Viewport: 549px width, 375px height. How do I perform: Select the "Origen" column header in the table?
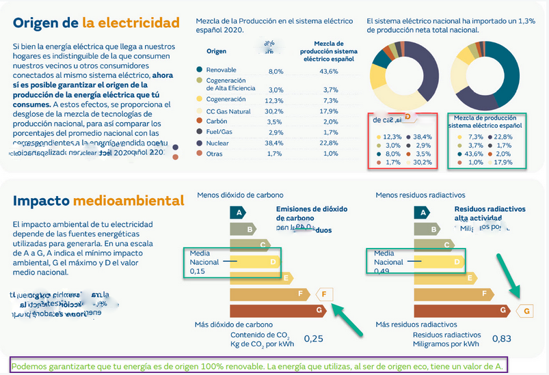216,51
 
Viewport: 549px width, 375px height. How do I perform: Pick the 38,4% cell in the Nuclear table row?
275,143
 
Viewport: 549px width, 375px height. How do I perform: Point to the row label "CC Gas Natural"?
229,111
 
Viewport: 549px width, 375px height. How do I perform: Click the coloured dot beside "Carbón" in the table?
199,121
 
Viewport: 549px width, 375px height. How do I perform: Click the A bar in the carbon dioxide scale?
240,213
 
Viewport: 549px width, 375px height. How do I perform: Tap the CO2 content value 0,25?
313,338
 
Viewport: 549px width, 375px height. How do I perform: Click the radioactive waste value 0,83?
501,338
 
